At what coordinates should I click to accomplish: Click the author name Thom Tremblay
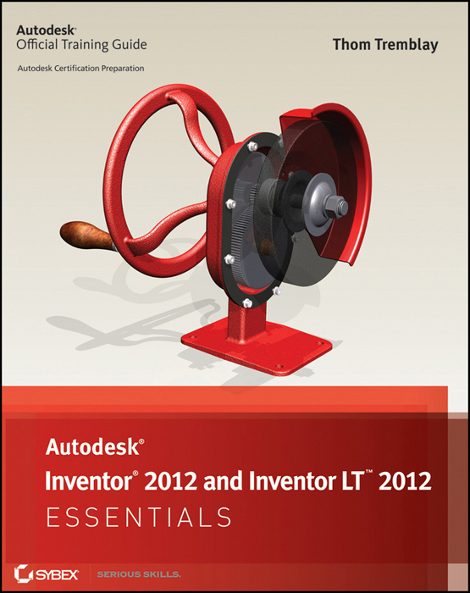pos(384,45)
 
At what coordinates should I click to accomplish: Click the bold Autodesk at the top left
pos(48,29)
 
